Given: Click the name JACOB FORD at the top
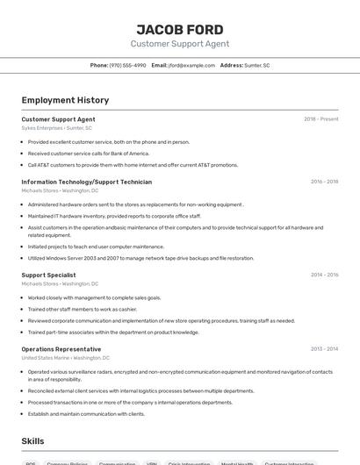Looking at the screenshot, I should click(x=180, y=29).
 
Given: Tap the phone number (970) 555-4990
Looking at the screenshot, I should click(x=128, y=65).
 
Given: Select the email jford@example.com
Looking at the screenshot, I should click(x=191, y=65).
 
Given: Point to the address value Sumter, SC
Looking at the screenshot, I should click(x=257, y=65).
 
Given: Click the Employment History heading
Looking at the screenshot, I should click(x=65, y=100).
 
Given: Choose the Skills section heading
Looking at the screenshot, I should click(x=32, y=441).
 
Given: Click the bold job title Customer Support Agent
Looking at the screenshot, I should click(x=58, y=119).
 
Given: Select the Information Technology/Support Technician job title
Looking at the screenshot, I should click(x=86, y=182).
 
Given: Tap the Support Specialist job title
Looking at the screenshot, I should click(x=48, y=275).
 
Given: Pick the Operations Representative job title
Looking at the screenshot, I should click(x=61, y=349).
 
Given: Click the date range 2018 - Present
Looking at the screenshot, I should click(x=320, y=119).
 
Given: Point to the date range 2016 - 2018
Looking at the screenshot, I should click(x=324, y=182).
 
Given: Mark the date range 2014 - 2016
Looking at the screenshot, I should click(x=324, y=275).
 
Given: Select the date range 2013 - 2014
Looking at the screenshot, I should click(x=324, y=349).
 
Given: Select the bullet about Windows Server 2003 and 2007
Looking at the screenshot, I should click(x=140, y=258).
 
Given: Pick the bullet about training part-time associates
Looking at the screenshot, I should click(x=113, y=333).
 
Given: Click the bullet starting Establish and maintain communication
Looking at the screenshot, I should click(x=86, y=413).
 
